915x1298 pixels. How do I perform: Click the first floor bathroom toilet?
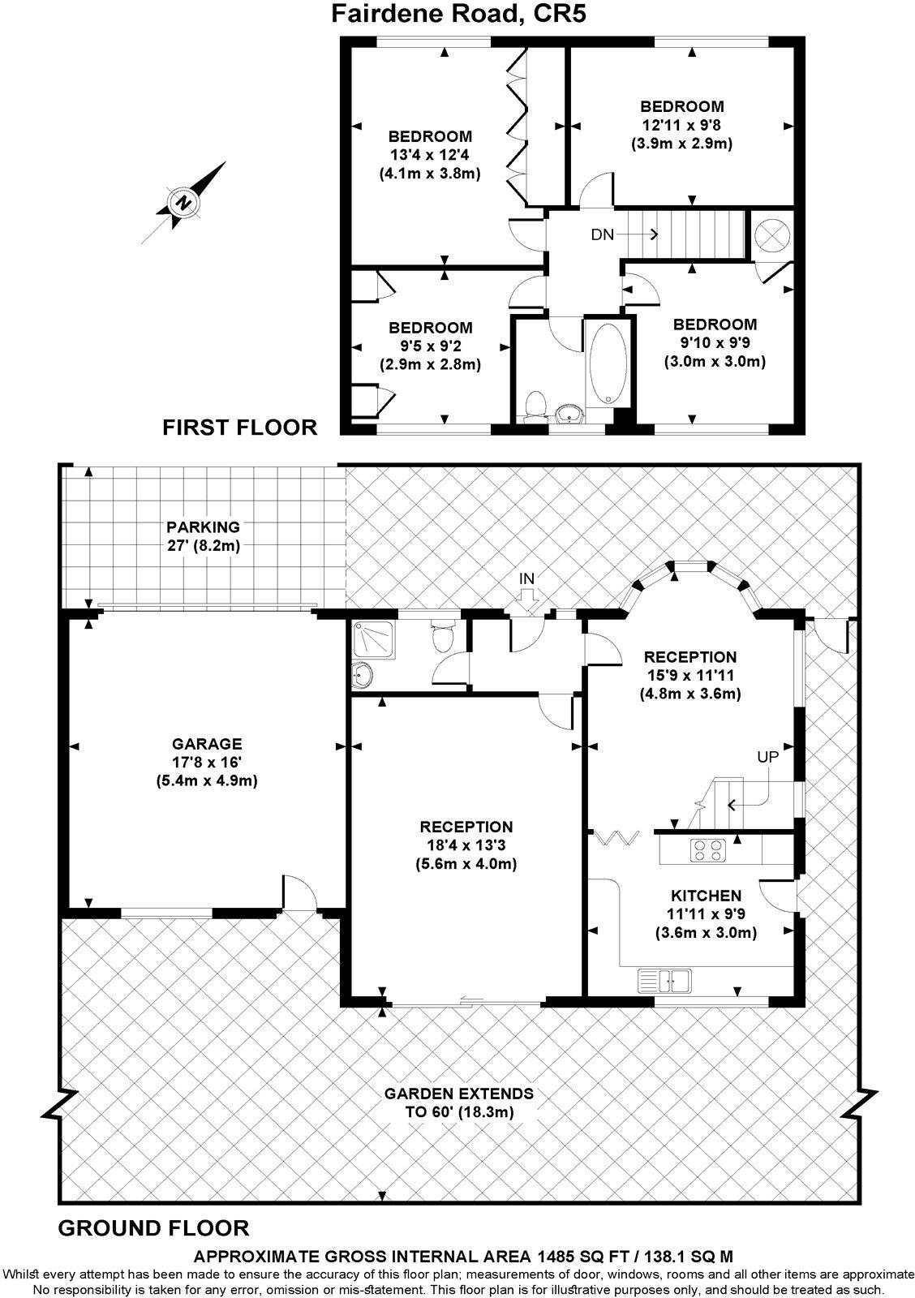click(535, 405)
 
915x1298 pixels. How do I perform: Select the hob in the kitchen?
click(709, 850)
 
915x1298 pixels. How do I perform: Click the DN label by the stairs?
click(602, 234)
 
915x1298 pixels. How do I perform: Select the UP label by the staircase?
click(767, 757)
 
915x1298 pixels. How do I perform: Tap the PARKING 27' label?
click(199, 536)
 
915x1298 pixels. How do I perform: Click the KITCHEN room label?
click(706, 896)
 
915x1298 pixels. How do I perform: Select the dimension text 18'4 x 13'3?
click(466, 845)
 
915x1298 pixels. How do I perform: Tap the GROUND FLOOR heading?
click(153, 1227)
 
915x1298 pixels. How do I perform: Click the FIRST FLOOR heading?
click(240, 428)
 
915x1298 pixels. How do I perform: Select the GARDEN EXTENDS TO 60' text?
click(458, 1102)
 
